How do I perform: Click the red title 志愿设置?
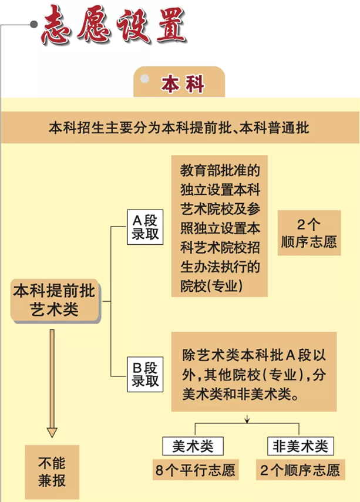(x=114, y=25)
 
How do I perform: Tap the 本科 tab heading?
(x=183, y=84)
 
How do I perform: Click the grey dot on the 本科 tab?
(x=144, y=79)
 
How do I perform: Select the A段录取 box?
(x=145, y=227)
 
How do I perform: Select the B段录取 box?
(x=145, y=374)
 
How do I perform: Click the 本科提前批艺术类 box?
(x=55, y=300)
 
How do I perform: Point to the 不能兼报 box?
(x=52, y=471)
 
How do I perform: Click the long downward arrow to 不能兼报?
(x=52, y=383)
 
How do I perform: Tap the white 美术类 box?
(x=193, y=446)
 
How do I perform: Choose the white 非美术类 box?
(x=301, y=446)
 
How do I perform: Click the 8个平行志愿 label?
(x=196, y=470)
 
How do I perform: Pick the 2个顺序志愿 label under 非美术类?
(x=301, y=470)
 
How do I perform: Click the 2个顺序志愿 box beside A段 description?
(x=309, y=233)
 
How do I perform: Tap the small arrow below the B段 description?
(x=247, y=418)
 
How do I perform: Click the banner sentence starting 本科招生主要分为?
(x=179, y=127)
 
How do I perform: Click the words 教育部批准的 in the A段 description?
(x=220, y=170)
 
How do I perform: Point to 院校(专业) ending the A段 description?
(x=211, y=286)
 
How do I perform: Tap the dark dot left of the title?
(x=33, y=24)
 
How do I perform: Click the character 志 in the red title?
(x=56, y=26)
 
